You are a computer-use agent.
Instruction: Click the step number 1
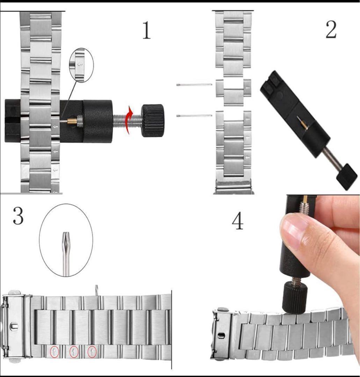(x=147, y=30)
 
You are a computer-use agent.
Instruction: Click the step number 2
(x=331, y=29)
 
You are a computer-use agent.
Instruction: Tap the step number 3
(x=18, y=216)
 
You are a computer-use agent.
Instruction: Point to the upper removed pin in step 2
(x=194, y=84)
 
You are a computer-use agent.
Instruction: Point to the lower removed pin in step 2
(x=194, y=116)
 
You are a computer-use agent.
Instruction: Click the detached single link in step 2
(x=233, y=92)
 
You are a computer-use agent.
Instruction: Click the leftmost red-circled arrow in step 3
(x=54, y=352)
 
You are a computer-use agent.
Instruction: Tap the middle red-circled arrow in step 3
(x=74, y=352)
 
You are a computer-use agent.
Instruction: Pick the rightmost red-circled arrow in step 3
(x=92, y=351)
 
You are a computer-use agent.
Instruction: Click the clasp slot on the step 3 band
(x=14, y=327)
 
